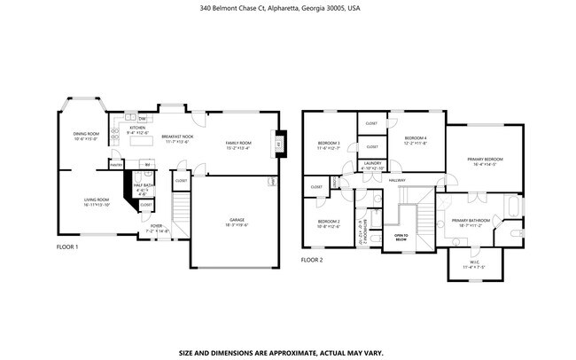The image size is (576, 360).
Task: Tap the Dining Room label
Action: point(85,136)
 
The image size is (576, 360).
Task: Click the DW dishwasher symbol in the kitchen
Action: point(142,117)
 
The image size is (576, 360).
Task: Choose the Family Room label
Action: point(237,145)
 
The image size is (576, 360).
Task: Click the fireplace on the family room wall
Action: point(278,144)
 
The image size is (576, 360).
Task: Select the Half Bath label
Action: point(142,187)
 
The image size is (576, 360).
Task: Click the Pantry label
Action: point(115,164)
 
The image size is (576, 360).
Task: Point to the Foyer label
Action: point(156,228)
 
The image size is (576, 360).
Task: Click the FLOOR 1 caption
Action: point(67,247)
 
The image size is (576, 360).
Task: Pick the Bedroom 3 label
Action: point(329,145)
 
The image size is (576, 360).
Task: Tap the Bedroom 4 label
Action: point(416,140)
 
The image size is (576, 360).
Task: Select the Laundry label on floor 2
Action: point(373,165)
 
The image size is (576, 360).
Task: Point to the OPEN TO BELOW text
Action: point(401,237)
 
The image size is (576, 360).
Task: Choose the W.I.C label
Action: point(474,262)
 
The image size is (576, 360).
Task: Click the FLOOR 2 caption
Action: point(312,260)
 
